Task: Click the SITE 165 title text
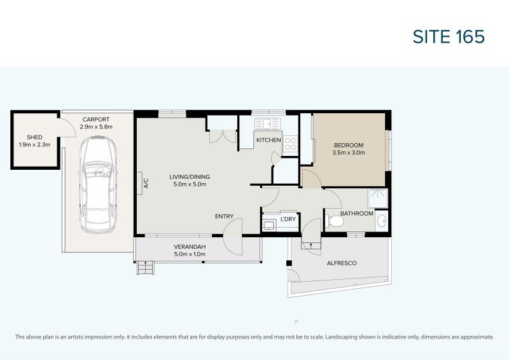[x=449, y=37]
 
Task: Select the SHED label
[x=34, y=137]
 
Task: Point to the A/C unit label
[x=146, y=183]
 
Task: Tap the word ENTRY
[x=224, y=216]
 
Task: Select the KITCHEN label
[x=268, y=140]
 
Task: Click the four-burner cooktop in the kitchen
[x=290, y=144]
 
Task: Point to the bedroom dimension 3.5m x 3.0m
[x=348, y=153]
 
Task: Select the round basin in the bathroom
[x=381, y=221]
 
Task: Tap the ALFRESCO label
[x=341, y=263]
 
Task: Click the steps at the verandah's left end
[x=146, y=268]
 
